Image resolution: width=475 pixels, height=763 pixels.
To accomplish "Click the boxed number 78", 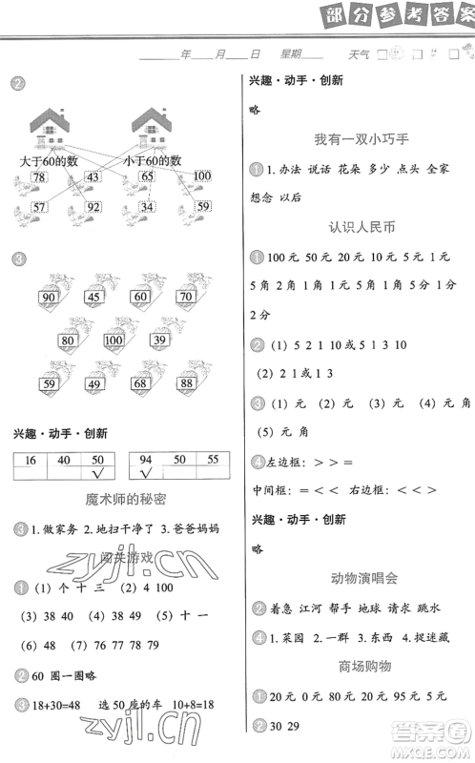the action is coord(38,177).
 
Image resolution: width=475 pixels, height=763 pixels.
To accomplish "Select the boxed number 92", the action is coord(93,206).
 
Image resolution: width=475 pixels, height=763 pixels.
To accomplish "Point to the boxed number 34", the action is coord(146,206).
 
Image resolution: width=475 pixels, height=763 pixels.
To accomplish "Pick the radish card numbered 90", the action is coord(48,297).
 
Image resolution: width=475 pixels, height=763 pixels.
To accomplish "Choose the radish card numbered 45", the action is coord(94,297).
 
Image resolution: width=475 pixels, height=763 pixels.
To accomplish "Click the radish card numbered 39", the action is coord(160,340).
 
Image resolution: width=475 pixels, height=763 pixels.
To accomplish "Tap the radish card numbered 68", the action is coord(140,384).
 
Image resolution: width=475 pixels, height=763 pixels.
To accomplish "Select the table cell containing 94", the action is coord(145,460).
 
